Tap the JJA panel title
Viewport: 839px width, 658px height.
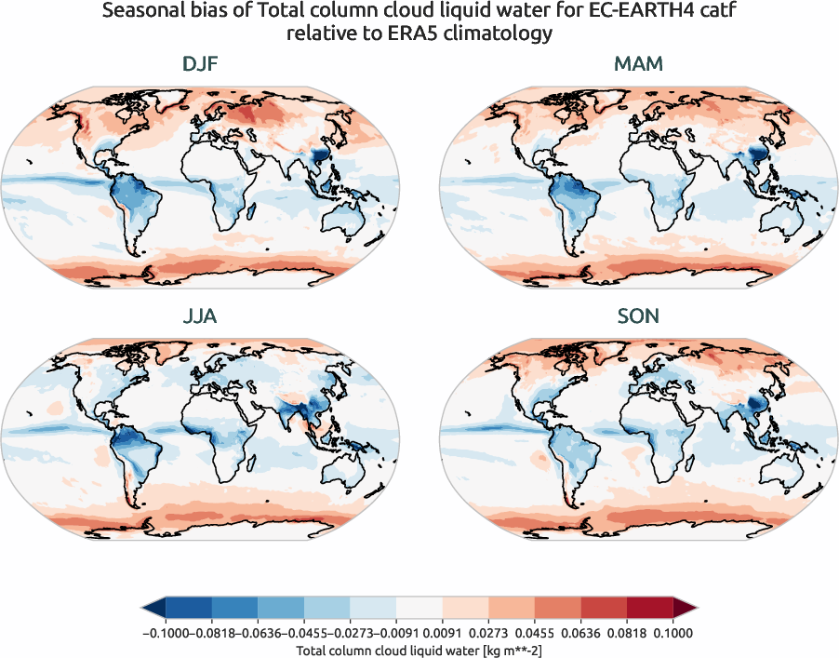(201, 316)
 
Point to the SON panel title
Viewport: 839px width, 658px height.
(638, 316)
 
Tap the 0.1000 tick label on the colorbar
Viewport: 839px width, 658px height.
(673, 633)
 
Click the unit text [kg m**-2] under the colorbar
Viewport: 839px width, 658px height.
(512, 651)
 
